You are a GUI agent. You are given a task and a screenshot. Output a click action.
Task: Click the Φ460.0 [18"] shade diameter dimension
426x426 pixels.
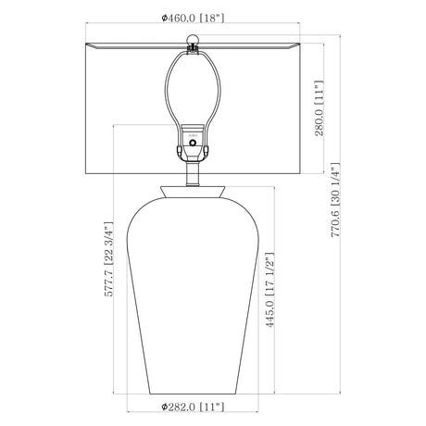coord(193,19)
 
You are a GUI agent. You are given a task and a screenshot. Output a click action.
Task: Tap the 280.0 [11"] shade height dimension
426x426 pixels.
coord(319,108)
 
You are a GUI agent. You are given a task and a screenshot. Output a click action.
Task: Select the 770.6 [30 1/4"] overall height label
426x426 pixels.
coord(335,200)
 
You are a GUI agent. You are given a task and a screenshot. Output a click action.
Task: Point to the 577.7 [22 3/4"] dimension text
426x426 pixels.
coord(108,259)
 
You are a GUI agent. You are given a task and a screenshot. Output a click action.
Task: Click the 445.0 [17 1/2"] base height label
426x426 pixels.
coord(269,290)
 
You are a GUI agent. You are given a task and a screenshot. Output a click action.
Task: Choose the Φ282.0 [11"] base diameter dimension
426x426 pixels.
coord(193,407)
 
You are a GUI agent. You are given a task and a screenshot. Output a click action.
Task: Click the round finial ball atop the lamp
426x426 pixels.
coord(193,40)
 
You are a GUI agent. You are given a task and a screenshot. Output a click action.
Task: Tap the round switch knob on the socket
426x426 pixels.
coord(193,143)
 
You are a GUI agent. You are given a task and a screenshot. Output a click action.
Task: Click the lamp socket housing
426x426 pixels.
coord(193,143)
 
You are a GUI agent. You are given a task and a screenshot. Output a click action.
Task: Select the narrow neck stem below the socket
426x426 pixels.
coord(194,174)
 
